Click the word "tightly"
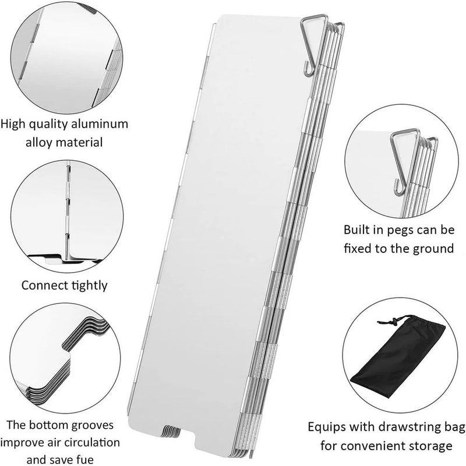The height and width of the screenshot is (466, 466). [87, 286]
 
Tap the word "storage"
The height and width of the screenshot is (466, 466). [432, 447]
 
